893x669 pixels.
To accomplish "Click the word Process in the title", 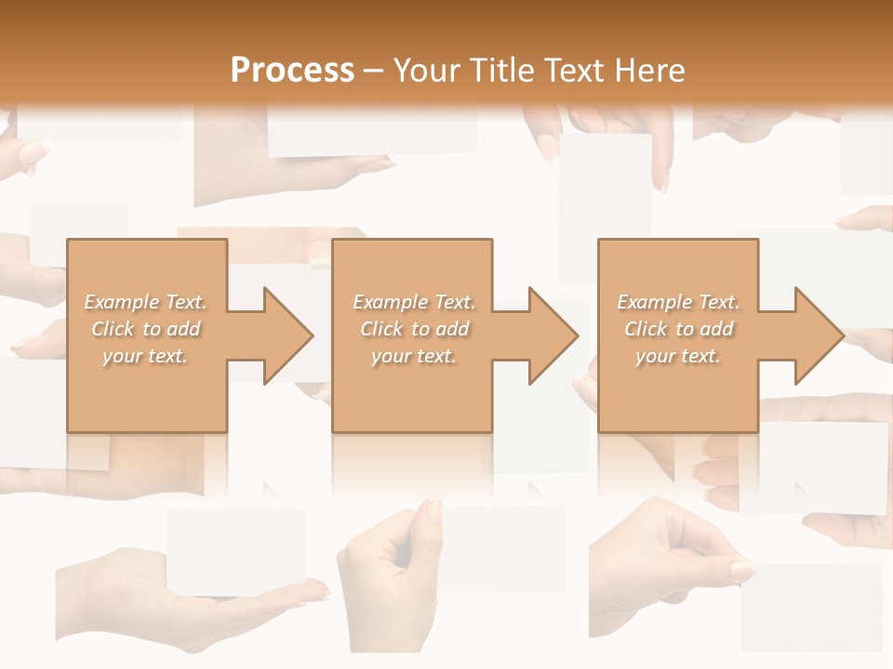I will click(292, 71).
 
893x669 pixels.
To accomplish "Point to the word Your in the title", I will click(426, 71).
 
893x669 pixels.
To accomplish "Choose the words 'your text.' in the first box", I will click(145, 356).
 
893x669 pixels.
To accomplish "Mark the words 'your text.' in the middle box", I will click(413, 356).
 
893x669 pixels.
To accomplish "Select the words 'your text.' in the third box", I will click(678, 356).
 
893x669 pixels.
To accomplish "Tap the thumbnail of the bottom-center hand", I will click(431, 510).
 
